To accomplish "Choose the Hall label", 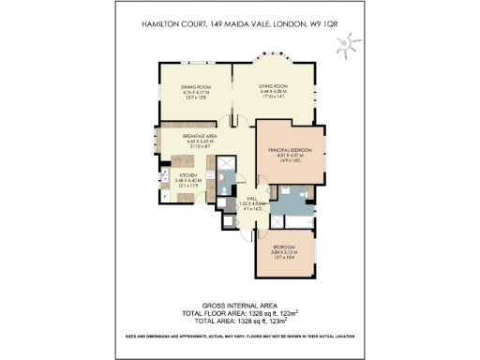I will click(252, 198).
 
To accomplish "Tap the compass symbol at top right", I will click(348, 43).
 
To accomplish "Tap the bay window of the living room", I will click(277, 64).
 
